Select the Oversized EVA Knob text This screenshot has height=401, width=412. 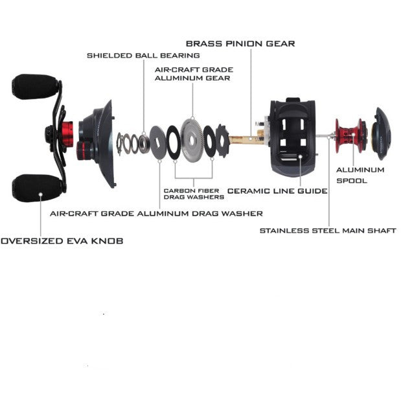pyautogui.click(x=62, y=240)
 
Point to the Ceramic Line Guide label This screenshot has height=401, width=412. pyautogui.click(x=277, y=191)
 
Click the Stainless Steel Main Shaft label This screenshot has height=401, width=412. pyautogui.click(x=327, y=230)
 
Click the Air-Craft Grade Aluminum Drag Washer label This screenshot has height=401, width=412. pyautogui.click(x=156, y=213)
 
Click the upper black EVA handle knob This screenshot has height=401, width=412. pyautogui.click(x=36, y=87)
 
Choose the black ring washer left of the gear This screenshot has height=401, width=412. pyautogui.click(x=174, y=141)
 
